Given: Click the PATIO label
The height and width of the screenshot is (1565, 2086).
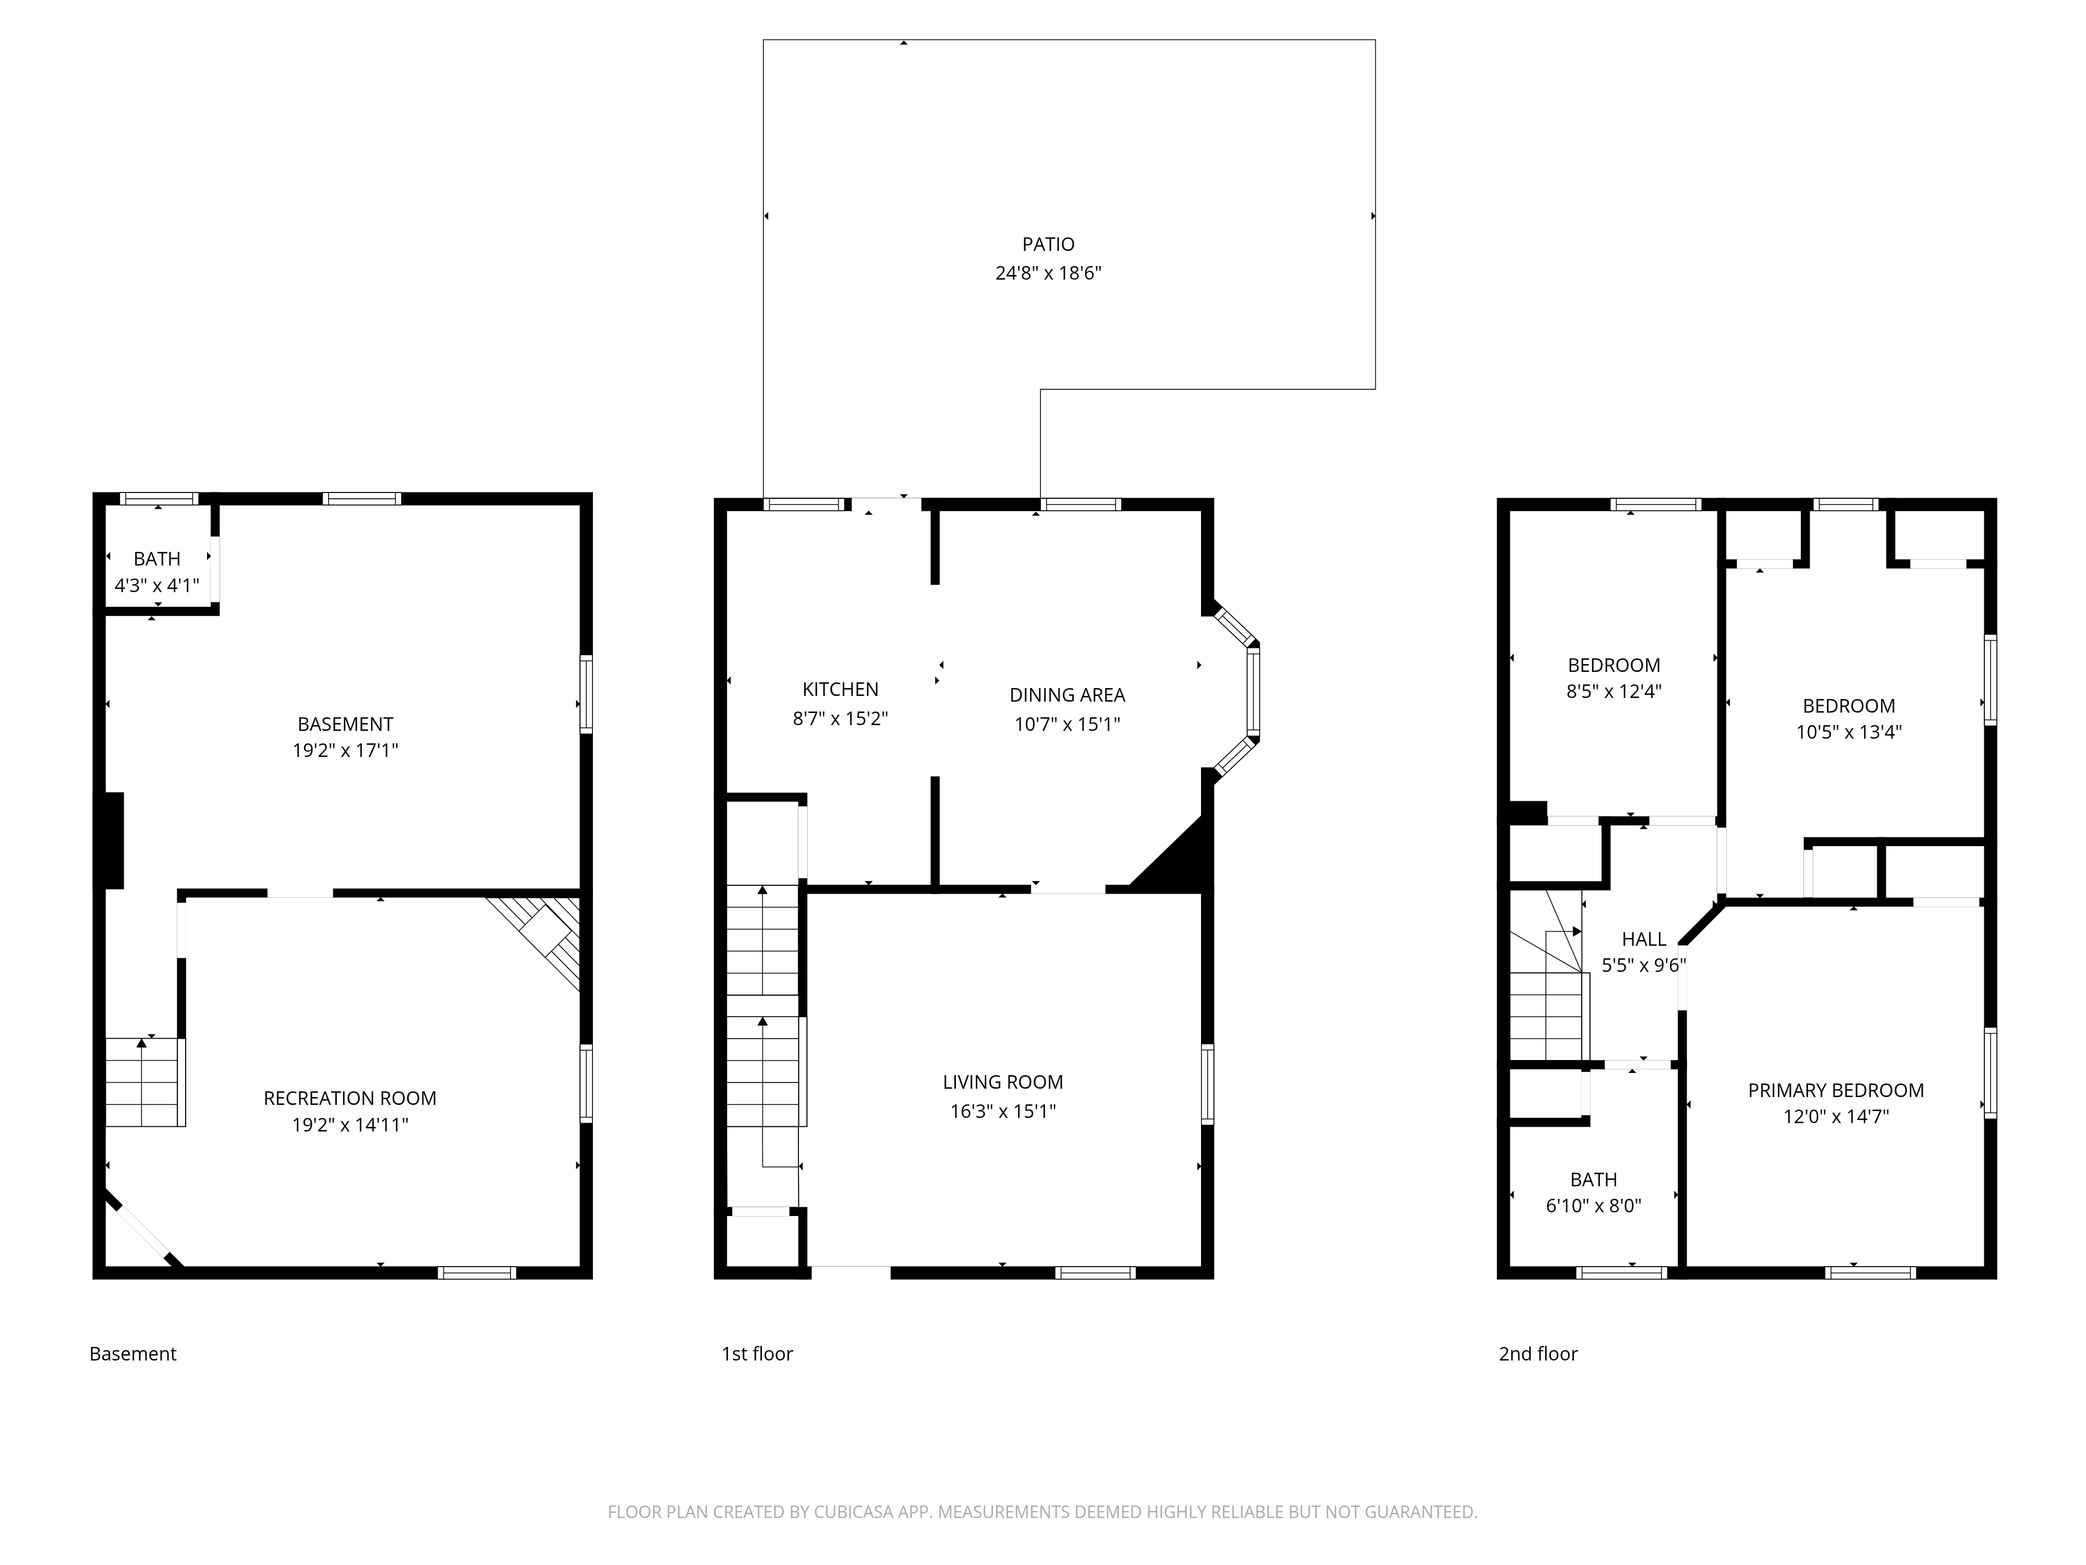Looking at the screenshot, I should [x=1048, y=244].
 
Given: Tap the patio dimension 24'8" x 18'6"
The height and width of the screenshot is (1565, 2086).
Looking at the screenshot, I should [x=1048, y=273].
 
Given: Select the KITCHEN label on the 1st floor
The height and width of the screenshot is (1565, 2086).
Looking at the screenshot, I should [x=839, y=690].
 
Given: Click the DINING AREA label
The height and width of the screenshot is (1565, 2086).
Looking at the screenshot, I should [x=1066, y=695].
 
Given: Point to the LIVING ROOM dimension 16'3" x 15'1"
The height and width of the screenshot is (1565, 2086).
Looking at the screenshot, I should [x=1002, y=1111].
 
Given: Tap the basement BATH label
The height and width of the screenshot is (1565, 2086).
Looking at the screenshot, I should [x=156, y=559].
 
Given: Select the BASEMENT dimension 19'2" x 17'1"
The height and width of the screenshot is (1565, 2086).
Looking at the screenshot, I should [x=345, y=751].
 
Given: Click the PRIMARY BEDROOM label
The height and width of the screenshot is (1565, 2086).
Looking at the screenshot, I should [x=1835, y=1090].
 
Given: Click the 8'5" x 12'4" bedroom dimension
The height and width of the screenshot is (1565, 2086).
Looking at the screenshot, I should [x=1614, y=691].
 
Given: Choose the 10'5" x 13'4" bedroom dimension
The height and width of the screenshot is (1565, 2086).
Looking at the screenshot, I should [x=1848, y=732].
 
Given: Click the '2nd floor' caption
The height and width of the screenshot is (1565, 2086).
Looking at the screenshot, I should [x=1537, y=1354].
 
